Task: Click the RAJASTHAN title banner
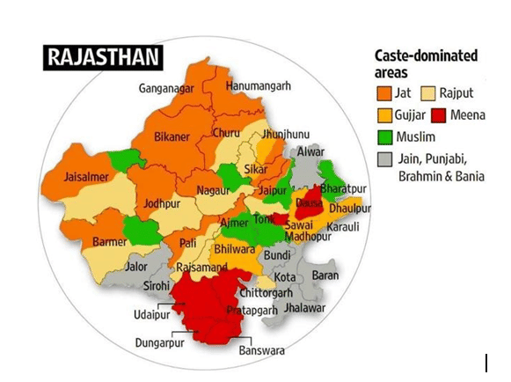click(104, 58)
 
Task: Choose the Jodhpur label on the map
click(161, 202)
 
